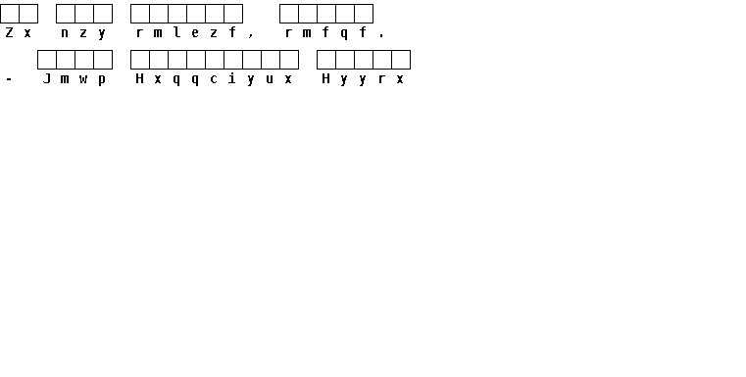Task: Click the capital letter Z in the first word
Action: tap(9, 32)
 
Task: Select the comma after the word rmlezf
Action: tap(251, 35)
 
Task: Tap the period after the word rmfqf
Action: tap(381, 35)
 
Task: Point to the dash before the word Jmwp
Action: tap(9, 79)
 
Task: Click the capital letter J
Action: tap(47, 78)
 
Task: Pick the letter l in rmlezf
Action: tap(176, 32)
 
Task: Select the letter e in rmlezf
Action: tap(195, 32)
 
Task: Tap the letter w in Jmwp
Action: tap(83, 79)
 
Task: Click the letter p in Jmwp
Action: tap(102, 80)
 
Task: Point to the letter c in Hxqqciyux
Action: tap(214, 79)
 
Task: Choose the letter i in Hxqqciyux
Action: tap(232, 78)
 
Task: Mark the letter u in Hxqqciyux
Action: tap(270, 79)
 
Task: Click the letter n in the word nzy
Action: tap(65, 32)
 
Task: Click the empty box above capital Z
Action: tap(10, 14)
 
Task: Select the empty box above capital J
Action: tap(47, 60)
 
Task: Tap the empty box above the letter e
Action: tap(195, 14)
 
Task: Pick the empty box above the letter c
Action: tap(214, 60)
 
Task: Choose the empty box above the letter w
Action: tap(83, 60)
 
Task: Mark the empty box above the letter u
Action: tap(271, 60)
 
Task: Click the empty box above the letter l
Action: tap(177, 14)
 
